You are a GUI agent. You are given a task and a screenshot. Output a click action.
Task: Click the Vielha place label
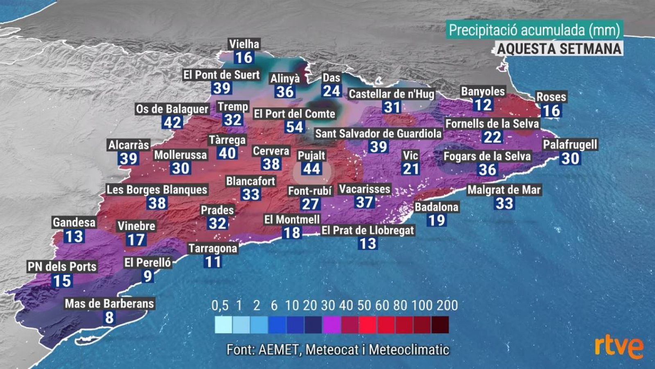244,44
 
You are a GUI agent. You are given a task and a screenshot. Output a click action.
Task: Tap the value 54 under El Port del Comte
295,127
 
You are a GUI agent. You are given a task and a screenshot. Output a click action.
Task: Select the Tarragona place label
212,248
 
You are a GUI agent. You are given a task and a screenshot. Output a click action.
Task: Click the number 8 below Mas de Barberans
109,317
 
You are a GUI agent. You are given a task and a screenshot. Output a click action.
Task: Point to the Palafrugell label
570,145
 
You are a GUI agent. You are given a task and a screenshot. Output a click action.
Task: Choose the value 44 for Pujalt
312,169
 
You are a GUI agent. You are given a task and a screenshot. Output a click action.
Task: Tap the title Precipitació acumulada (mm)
534,30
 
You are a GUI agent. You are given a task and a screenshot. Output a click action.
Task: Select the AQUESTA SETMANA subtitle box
559,49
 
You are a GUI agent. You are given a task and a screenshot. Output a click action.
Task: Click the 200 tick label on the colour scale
447,305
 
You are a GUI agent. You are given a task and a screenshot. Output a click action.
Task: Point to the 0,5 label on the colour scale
220,305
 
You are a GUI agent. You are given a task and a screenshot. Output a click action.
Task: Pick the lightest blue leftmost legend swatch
223,324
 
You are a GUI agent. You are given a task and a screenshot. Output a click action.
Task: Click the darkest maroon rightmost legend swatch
440,324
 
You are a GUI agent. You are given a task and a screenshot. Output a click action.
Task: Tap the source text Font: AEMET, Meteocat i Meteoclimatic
338,350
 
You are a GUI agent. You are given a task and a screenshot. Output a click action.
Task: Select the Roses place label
551,97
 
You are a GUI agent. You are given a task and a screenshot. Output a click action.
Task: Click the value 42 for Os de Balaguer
172,122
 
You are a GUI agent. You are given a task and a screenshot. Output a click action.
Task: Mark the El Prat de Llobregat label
368,230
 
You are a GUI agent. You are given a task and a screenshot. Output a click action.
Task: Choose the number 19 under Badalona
436,220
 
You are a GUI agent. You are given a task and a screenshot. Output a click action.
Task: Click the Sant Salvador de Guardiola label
378,134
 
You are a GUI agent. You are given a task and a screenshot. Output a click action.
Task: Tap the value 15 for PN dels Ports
62,281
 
